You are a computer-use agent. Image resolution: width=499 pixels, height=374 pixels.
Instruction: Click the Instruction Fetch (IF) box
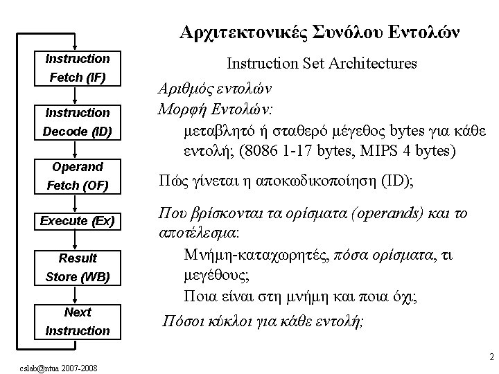[x=78, y=69]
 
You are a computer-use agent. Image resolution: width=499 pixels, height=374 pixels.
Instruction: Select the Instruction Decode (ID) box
[x=78, y=123]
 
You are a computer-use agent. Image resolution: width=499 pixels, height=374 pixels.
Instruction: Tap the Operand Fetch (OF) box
[x=78, y=177]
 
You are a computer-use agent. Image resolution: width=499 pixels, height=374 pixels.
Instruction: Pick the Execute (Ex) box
[x=78, y=222]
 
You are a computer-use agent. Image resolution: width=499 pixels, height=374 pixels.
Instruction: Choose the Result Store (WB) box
[x=78, y=268]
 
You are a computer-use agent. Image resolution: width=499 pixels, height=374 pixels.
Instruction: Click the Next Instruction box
[x=78, y=322]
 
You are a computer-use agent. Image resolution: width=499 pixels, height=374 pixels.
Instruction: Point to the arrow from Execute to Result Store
[x=75, y=240]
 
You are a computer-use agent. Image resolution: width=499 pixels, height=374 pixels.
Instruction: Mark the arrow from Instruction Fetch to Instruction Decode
[x=75, y=96]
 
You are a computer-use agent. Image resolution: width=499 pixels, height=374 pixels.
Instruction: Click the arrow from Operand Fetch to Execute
[x=75, y=204]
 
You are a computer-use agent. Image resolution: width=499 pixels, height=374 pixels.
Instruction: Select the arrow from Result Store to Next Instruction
[x=75, y=295]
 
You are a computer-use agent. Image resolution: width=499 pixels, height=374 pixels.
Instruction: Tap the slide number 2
[x=491, y=357]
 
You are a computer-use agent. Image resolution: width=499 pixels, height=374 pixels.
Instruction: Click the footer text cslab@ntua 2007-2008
[x=58, y=368]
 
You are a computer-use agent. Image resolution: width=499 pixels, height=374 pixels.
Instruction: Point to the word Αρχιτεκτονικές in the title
[x=243, y=33]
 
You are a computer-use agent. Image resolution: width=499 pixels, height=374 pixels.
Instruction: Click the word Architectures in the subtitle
[x=372, y=63]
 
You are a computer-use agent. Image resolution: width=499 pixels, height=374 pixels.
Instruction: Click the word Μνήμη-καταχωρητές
[x=257, y=256]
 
